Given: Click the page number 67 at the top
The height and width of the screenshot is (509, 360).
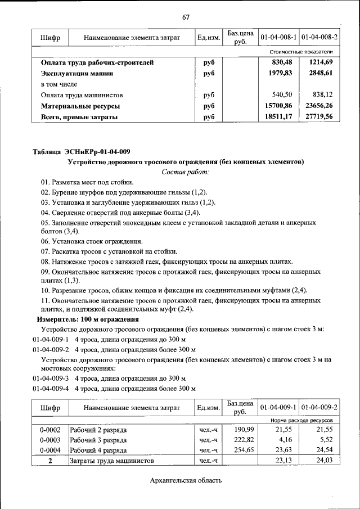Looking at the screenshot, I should coord(186,16).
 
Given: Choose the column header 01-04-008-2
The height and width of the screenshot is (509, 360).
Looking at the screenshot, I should coord(319,37).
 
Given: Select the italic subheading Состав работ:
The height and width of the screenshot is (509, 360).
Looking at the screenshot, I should coord(186,172).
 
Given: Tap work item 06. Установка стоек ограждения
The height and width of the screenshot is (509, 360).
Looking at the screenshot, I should coord(87,241).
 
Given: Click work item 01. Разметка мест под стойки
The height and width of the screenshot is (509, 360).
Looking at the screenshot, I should coord(87,182).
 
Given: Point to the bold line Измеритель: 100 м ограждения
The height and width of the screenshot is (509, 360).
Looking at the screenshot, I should coord(88,319).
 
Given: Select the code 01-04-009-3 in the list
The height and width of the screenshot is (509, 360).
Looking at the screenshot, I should coord(51,378).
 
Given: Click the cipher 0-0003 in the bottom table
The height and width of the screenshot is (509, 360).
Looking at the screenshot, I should coord(50,440).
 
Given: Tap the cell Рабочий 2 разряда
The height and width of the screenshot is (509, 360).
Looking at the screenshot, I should coord(98,430).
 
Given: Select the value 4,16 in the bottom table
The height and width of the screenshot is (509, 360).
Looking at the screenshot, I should coord(285,440).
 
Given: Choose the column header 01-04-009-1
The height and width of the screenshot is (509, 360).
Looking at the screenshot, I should coord(278,406).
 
